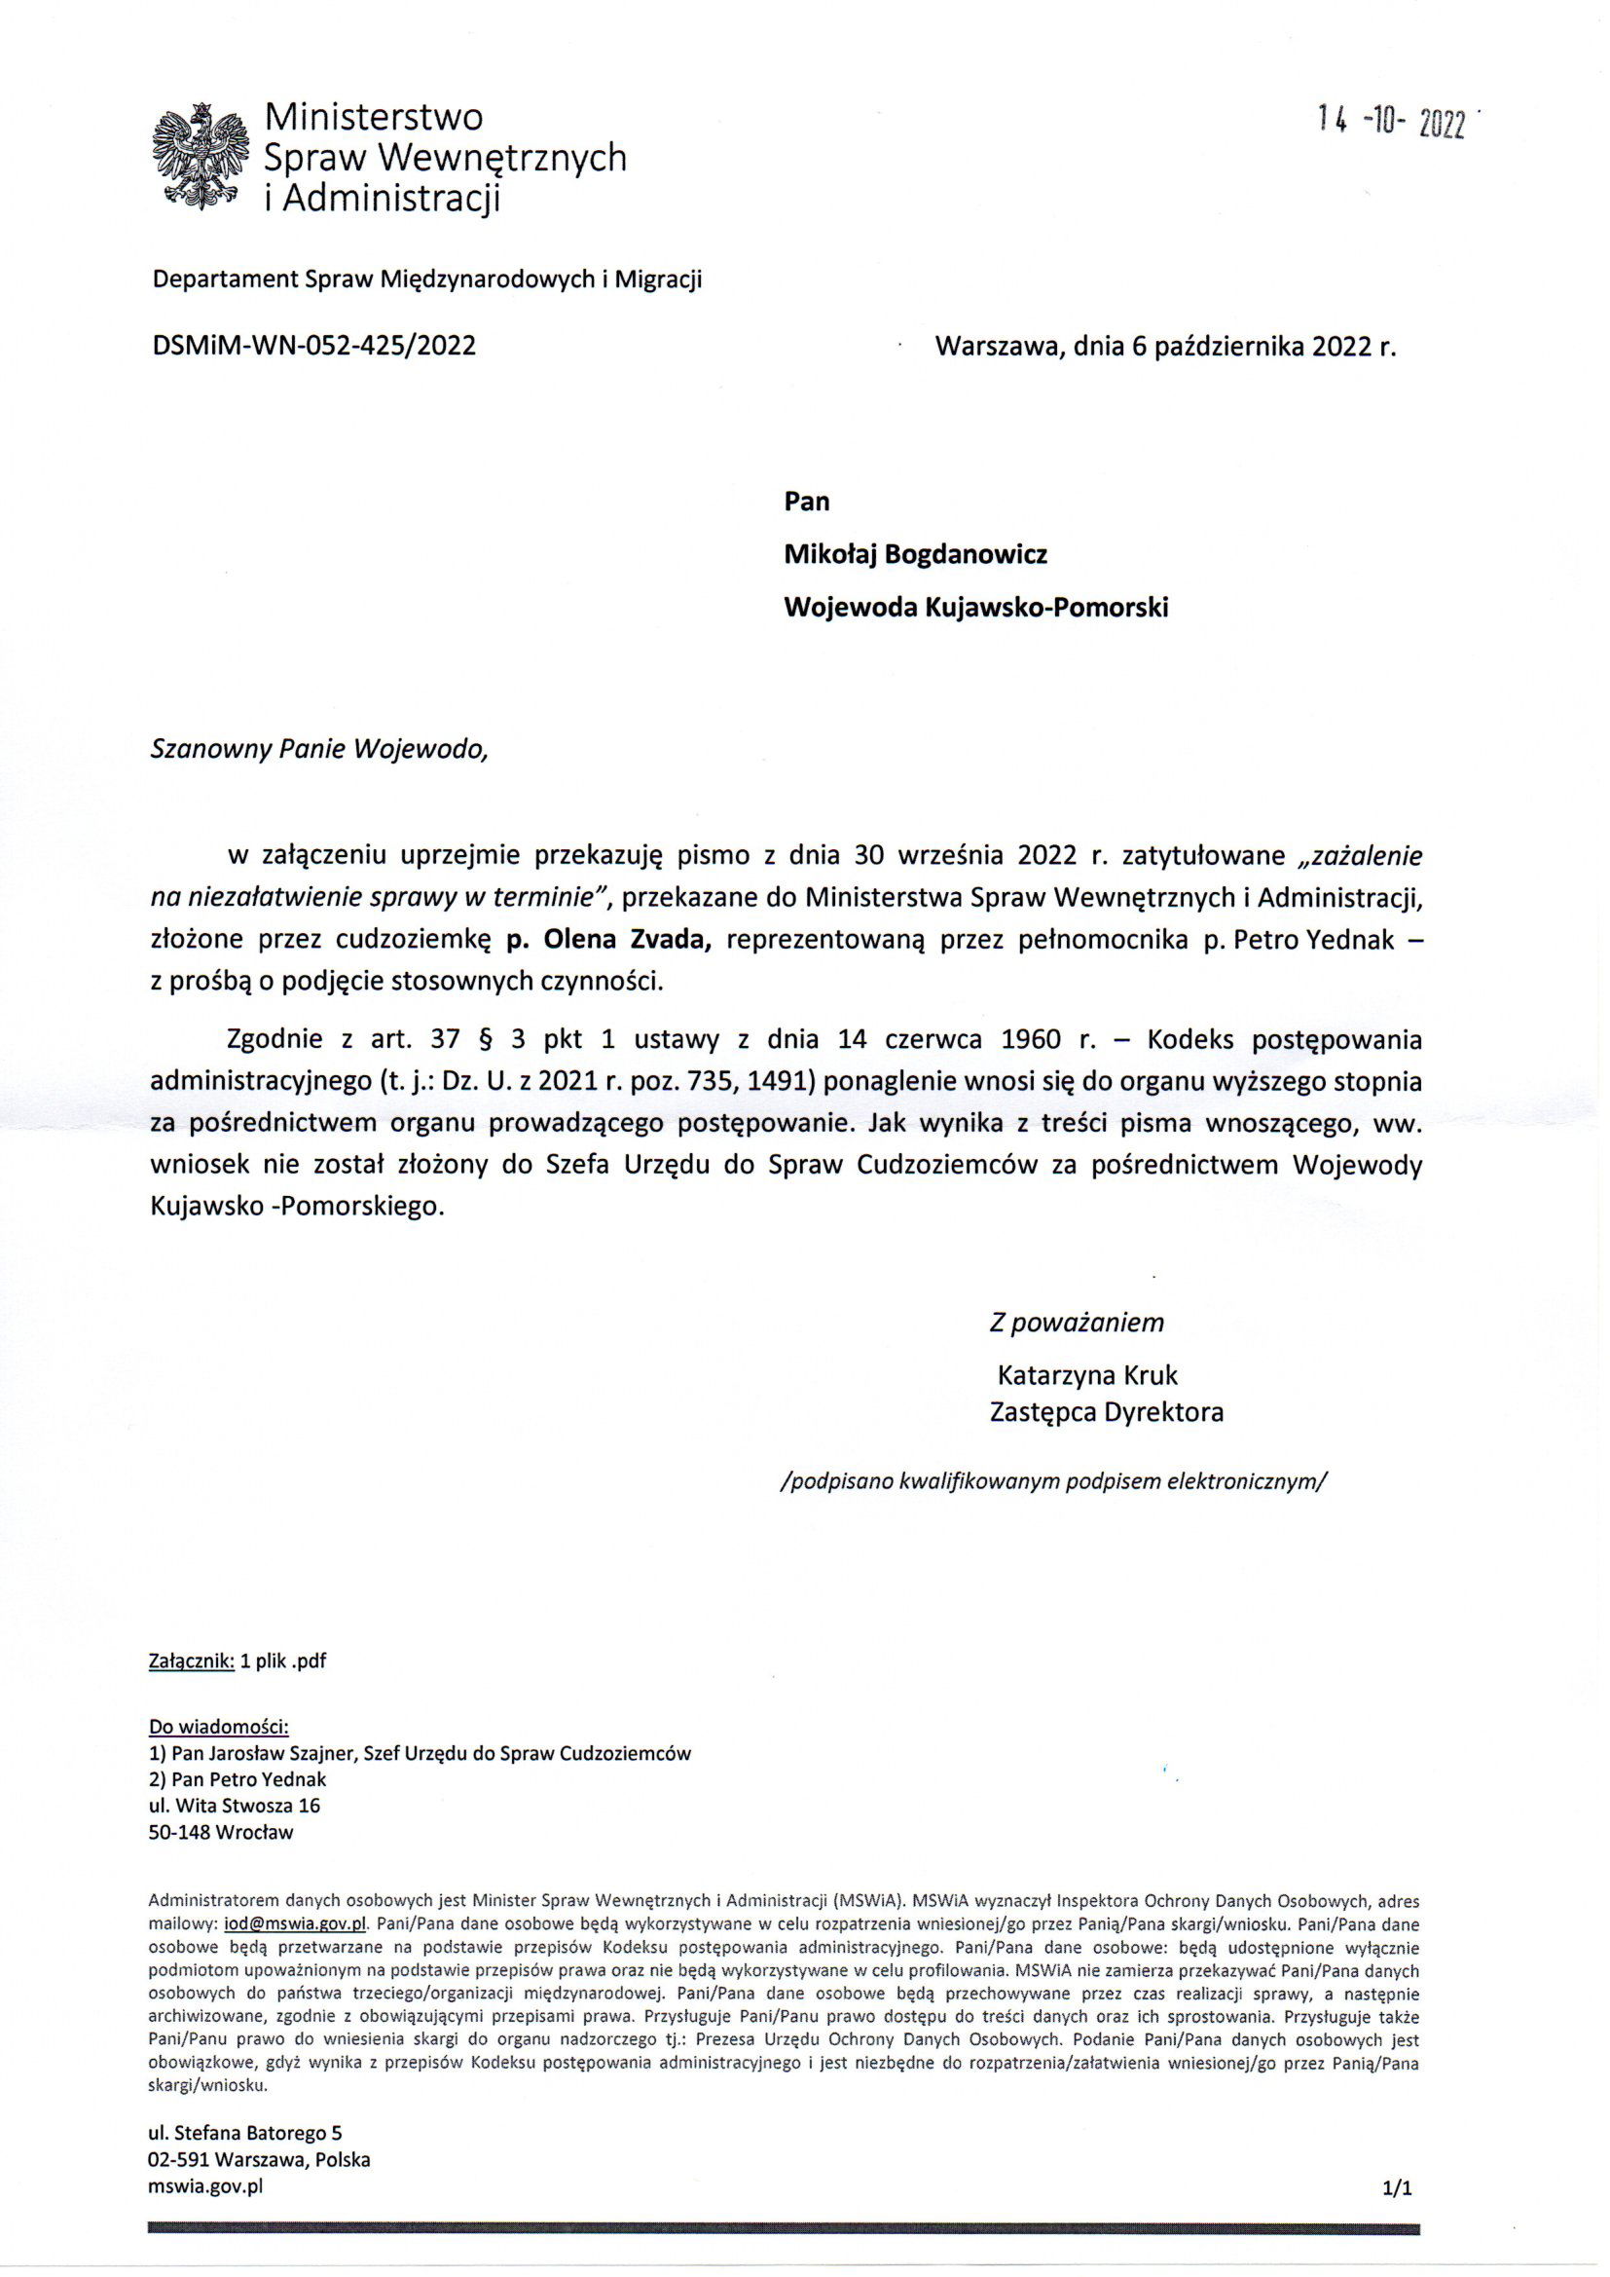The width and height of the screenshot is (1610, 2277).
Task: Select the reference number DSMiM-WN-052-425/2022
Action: coord(313,345)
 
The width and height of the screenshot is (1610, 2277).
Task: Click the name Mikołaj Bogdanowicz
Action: coord(915,554)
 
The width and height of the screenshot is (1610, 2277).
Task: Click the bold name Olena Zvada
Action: coord(626,940)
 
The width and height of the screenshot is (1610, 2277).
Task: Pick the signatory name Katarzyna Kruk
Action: coord(1086,1374)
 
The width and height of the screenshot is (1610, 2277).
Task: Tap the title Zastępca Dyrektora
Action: coord(1106,1411)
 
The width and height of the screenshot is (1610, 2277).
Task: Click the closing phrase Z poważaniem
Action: coord(1077,1322)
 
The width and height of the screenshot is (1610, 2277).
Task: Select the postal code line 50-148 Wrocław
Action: coord(221,1833)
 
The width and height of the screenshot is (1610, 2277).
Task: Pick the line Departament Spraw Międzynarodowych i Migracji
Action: coord(426,280)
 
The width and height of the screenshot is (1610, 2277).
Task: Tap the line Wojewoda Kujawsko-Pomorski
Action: coord(975,607)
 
